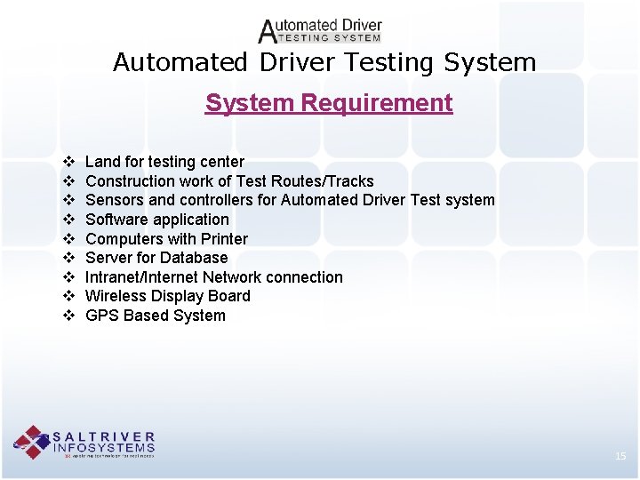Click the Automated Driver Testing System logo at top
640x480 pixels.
[320, 30]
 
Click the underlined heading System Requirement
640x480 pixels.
[329, 103]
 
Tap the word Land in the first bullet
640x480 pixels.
[102, 162]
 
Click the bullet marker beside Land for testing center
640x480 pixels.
[68, 162]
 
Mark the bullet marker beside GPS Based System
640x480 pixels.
[68, 316]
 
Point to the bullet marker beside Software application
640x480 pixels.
[68, 220]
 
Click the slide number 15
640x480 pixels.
[620, 456]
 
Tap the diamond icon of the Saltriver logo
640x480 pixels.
[32, 442]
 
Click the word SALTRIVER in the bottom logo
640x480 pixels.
[104, 437]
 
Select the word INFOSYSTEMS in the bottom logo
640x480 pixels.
[104, 448]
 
